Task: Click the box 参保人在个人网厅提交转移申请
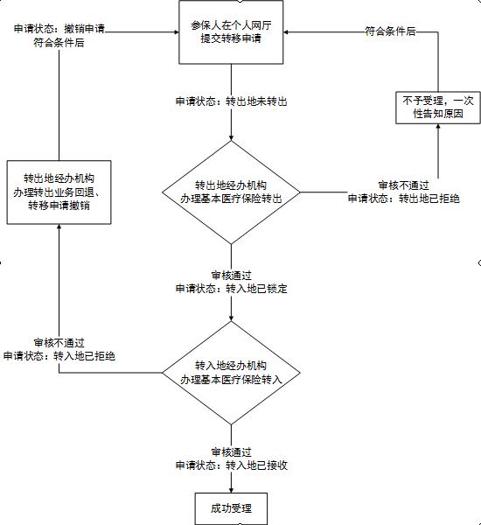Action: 231,32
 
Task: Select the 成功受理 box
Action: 230,507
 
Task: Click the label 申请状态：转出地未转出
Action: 231,101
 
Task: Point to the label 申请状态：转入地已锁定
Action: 231,288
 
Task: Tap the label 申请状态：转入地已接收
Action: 231,465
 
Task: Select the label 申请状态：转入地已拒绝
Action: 59,356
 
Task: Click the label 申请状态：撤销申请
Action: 59,28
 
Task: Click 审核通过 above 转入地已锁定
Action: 231,275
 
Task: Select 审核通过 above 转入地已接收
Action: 231,451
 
